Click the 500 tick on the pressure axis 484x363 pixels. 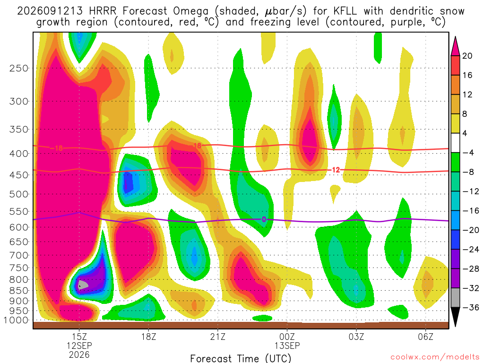tap(19, 194)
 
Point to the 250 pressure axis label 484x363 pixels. tap(19, 68)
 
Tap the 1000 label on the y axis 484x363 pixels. tap(17, 320)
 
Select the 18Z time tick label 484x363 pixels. tap(148, 337)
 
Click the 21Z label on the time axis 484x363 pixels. tap(218, 337)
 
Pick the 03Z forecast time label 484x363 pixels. tap(356, 337)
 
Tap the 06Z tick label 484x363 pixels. tap(426, 337)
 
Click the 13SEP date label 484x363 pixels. tap(287, 346)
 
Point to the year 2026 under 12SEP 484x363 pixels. tap(79, 354)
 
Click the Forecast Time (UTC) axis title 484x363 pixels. tap(241, 358)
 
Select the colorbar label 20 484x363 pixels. tap(467, 56)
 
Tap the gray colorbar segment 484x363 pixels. tap(455, 298)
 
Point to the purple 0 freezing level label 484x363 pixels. tap(264, 219)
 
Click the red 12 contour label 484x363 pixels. tap(336, 170)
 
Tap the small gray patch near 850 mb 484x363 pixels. tap(82, 284)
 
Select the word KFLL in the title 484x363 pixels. tap(345, 11)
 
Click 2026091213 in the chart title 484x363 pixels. tap(50, 11)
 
